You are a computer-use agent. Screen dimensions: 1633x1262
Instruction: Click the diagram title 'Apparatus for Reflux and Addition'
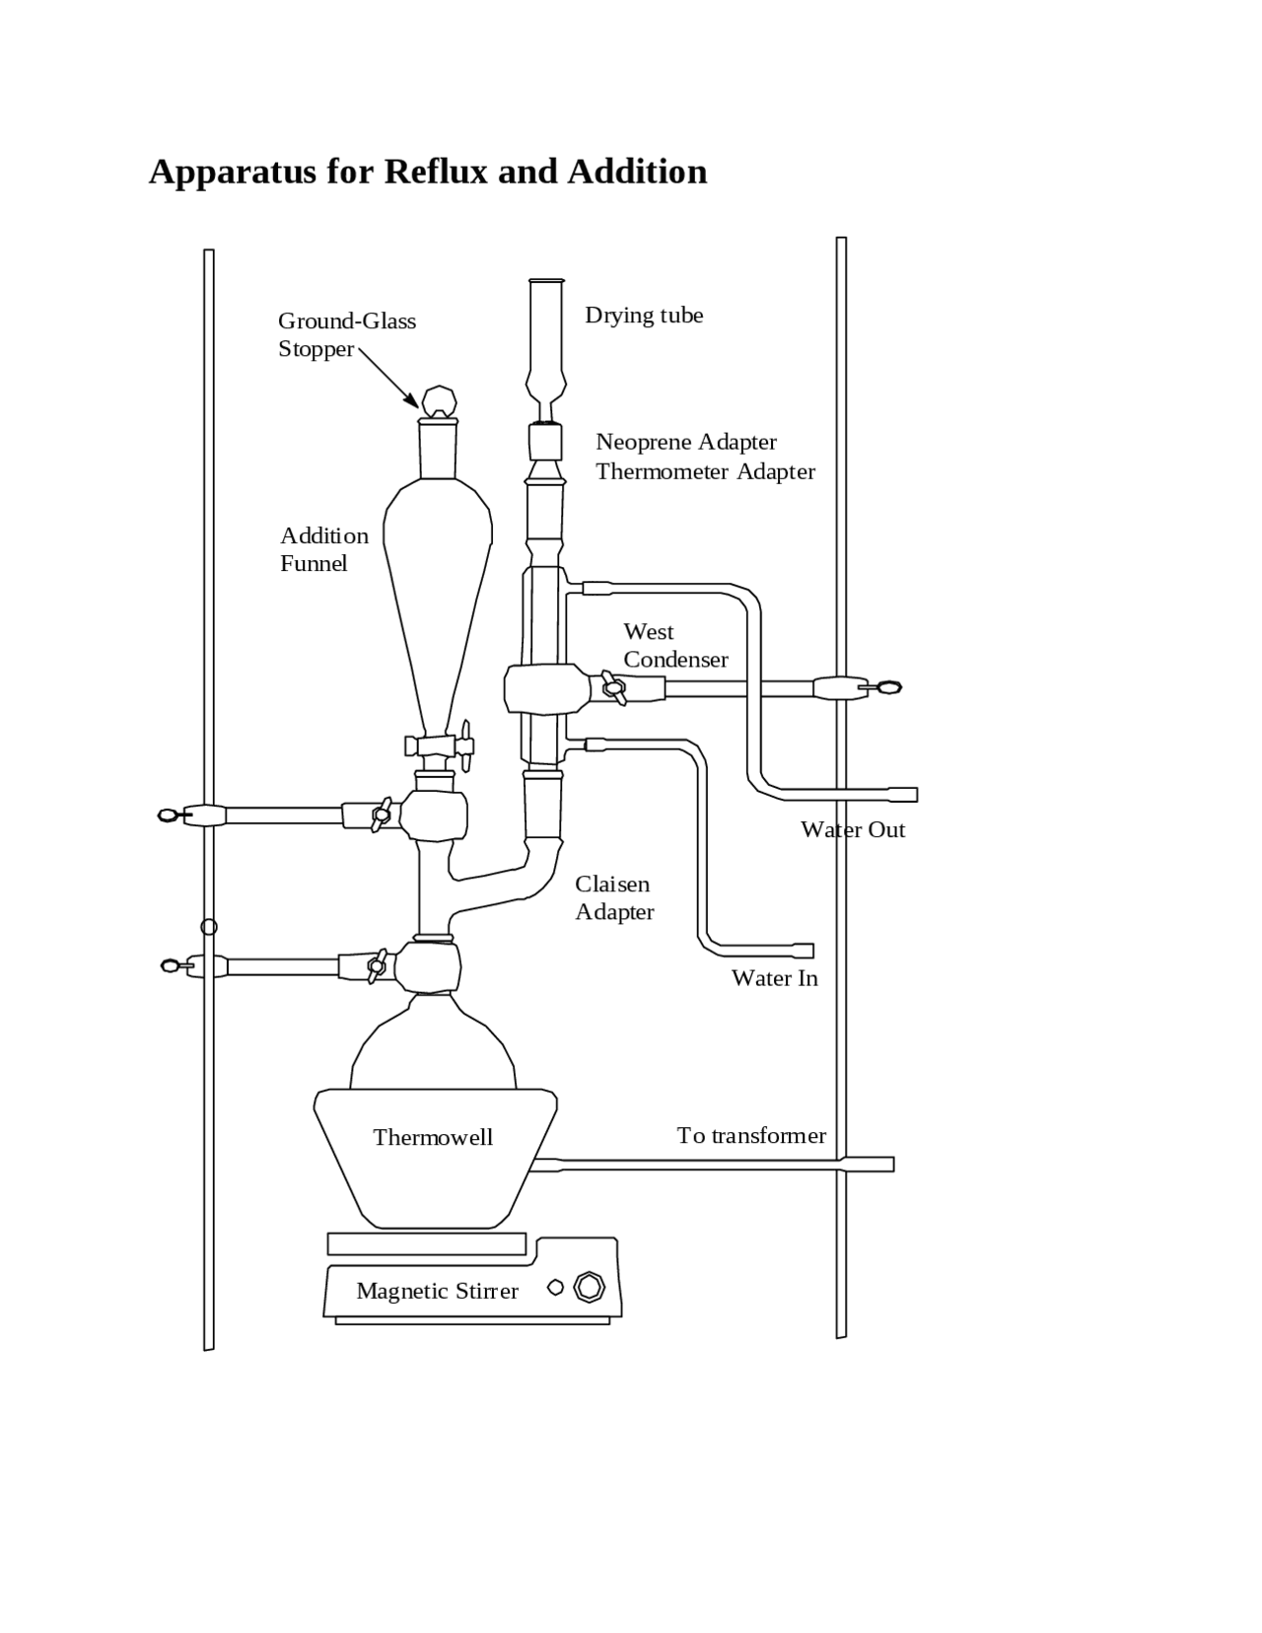[427, 172]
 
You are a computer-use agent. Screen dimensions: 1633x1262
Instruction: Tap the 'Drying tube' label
[644, 316]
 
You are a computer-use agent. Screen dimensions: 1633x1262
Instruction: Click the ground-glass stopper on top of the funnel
[439, 401]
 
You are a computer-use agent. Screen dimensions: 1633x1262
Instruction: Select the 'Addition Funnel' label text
[323, 549]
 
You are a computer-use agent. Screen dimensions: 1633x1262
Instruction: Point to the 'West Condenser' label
[675, 645]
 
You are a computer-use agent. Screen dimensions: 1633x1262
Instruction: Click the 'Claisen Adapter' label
[614, 897]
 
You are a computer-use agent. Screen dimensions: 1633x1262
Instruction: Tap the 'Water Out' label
[852, 829]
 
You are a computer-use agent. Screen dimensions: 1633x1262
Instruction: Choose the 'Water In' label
[774, 977]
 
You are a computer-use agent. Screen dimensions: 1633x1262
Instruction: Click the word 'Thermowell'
[433, 1137]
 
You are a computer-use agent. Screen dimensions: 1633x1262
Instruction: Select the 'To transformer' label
[751, 1135]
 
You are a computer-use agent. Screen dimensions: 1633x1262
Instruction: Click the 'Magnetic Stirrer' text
[437, 1291]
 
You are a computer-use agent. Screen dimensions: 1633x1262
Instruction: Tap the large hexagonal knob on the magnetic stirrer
[589, 1287]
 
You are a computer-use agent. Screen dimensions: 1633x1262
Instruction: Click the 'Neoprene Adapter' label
[685, 442]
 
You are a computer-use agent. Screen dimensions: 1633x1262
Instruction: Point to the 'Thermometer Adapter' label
[705, 471]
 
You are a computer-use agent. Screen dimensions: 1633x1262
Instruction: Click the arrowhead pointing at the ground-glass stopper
[413, 400]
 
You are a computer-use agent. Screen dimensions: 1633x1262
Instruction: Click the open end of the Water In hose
[809, 951]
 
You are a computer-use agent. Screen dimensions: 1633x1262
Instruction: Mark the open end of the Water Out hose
[913, 795]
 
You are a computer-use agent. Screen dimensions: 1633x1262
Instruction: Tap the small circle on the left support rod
[209, 927]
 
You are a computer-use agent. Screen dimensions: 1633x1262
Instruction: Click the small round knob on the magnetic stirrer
[555, 1287]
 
